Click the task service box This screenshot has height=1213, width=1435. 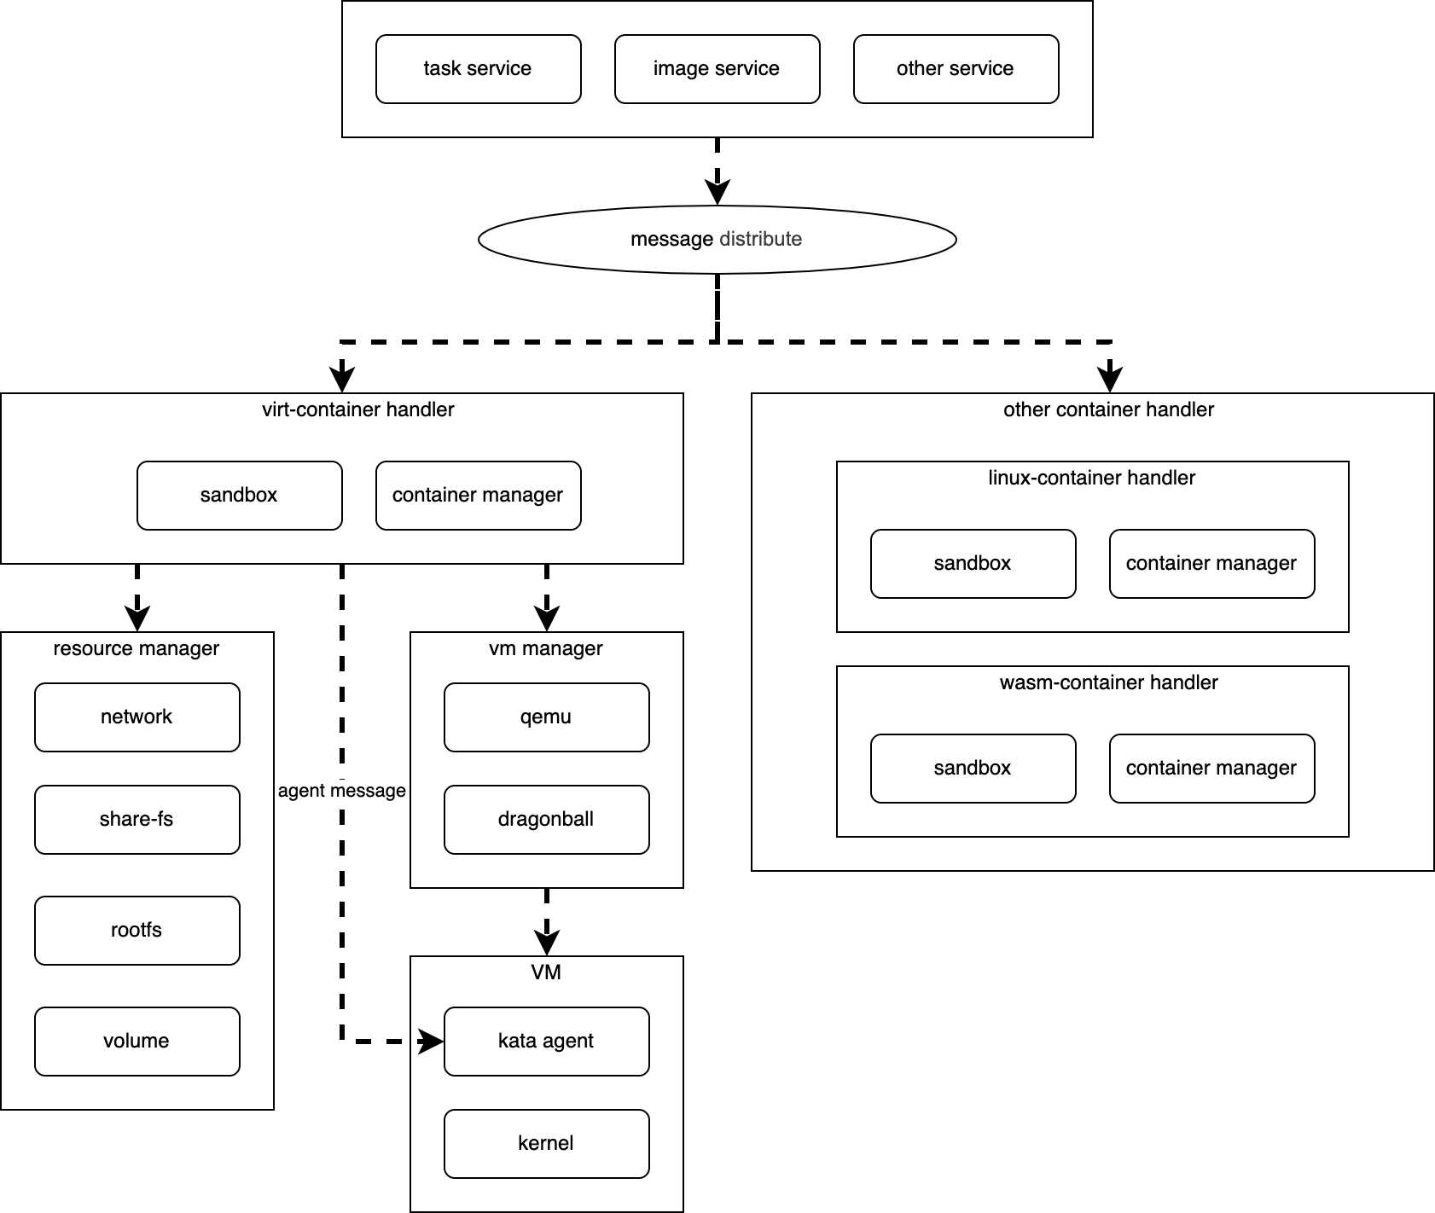click(x=478, y=69)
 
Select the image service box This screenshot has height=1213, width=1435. click(x=717, y=69)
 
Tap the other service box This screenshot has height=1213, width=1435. click(x=956, y=69)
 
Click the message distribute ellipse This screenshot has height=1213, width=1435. click(x=717, y=239)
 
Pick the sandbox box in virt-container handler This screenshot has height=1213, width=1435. click(x=239, y=496)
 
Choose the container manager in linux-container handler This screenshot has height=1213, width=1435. click(x=1211, y=564)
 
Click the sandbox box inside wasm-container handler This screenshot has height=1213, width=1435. click(x=973, y=769)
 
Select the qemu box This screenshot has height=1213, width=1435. click(x=546, y=717)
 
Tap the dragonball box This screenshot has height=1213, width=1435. click(x=546, y=820)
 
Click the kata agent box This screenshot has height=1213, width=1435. click(x=546, y=1042)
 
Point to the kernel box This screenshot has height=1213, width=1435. click(x=546, y=1144)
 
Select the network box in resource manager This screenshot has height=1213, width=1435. click(x=137, y=717)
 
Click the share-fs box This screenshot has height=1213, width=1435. click(x=137, y=820)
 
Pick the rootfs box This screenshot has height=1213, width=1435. click(x=137, y=931)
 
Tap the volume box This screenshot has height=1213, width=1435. click(x=137, y=1042)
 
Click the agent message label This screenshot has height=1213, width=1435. click(x=341, y=791)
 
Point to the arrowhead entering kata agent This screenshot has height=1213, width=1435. click(x=432, y=1042)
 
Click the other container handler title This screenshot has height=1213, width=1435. click(x=1108, y=409)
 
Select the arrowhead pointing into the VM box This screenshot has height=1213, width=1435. click(x=546, y=943)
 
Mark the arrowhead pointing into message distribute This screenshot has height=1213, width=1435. click(x=717, y=193)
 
